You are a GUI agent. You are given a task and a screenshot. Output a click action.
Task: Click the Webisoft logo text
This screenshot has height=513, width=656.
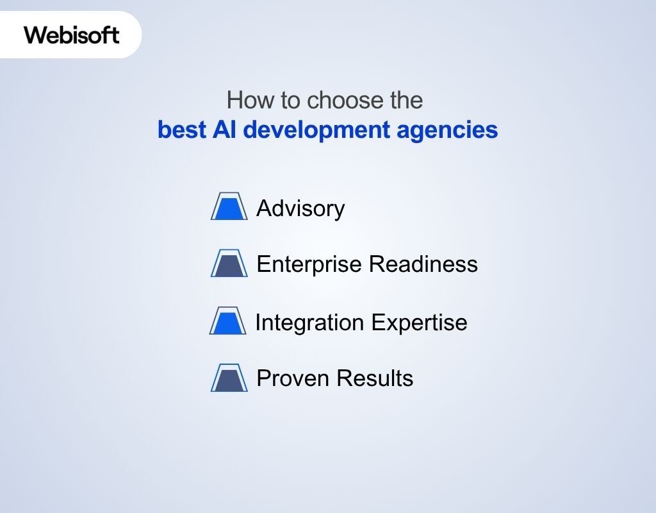(72, 35)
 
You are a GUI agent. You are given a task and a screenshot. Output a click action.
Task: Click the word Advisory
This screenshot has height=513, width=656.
(300, 208)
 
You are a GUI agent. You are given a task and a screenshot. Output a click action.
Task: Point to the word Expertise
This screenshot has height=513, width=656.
(419, 322)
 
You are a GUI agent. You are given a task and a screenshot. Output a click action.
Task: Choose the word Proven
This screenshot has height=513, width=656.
(292, 378)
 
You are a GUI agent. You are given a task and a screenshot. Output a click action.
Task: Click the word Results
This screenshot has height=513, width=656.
(375, 378)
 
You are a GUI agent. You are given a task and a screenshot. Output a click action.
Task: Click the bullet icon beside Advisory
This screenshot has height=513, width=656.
(229, 206)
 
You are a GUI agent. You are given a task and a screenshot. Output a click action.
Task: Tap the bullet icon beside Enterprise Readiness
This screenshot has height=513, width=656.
(229, 264)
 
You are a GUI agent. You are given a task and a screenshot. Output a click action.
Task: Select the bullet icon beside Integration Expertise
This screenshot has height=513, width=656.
(228, 321)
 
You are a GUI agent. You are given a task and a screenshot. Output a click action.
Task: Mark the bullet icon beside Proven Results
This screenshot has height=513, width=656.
(229, 378)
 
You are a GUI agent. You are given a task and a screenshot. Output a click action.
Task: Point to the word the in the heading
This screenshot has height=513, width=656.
(406, 101)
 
